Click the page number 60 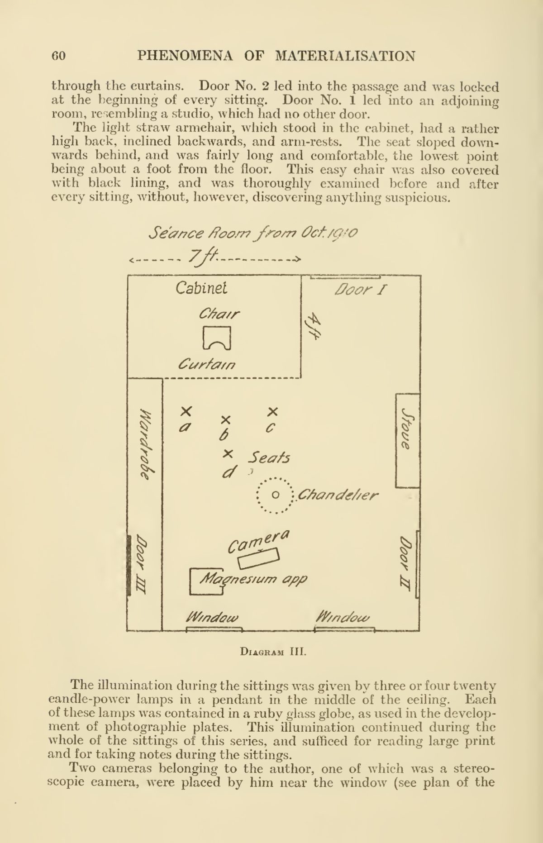tap(59, 56)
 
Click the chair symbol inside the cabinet tap(218, 338)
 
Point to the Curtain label tap(207, 364)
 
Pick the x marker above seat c tap(272, 411)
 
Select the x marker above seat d tap(229, 453)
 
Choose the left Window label tap(211, 617)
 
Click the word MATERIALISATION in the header tap(345, 56)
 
